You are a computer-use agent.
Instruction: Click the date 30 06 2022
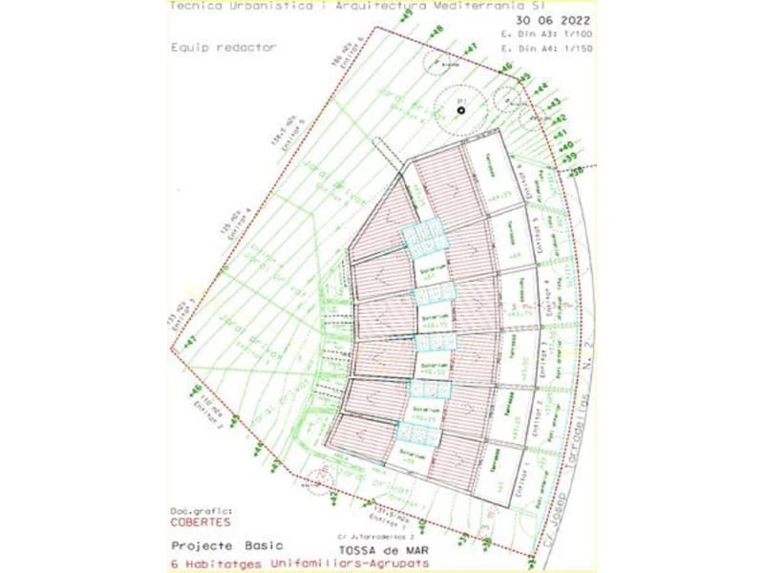pyautogui.click(x=552, y=19)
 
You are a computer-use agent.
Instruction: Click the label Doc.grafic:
pyautogui.click(x=202, y=512)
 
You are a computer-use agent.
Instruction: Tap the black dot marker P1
pyautogui.click(x=460, y=111)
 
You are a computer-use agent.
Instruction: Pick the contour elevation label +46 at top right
pyautogui.click(x=505, y=66)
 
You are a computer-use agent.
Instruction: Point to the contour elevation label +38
pyautogui.click(x=576, y=170)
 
